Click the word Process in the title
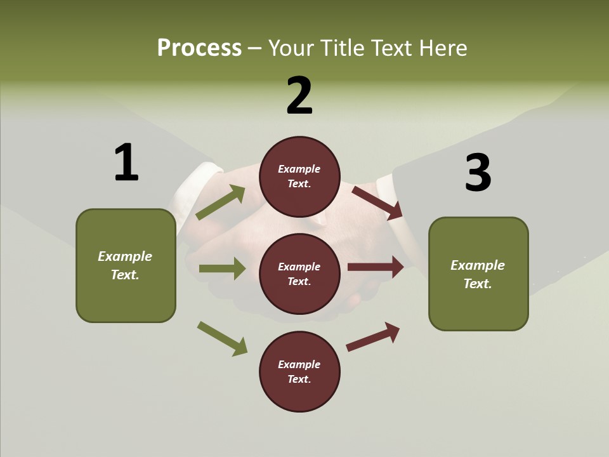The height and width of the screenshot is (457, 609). point(199,48)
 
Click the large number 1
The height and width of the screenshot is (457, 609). point(126,162)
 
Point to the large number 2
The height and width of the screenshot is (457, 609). point(299,96)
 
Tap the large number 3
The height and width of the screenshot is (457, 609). point(478,173)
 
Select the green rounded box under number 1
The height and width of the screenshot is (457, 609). point(126,265)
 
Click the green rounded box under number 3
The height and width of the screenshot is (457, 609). point(478,274)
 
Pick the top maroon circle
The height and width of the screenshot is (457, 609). point(299,176)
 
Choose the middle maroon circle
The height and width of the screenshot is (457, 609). point(299,274)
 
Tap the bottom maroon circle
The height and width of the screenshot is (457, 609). point(299,371)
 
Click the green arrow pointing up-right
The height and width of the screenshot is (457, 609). point(221,202)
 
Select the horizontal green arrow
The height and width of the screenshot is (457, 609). point(222,268)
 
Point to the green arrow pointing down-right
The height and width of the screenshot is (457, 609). point(222,338)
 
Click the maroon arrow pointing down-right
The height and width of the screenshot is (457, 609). point(377,202)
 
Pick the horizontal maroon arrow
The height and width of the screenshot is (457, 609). point(376,267)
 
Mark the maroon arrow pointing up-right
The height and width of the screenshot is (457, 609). point(373,336)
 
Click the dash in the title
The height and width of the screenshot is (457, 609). point(254,49)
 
